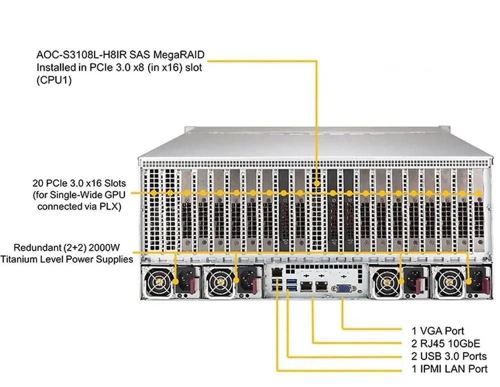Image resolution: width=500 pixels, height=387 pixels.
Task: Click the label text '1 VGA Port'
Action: click(437, 330)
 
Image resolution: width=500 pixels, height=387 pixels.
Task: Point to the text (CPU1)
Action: click(53, 80)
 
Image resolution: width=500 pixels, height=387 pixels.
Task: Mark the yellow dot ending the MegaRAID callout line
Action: click(317, 184)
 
